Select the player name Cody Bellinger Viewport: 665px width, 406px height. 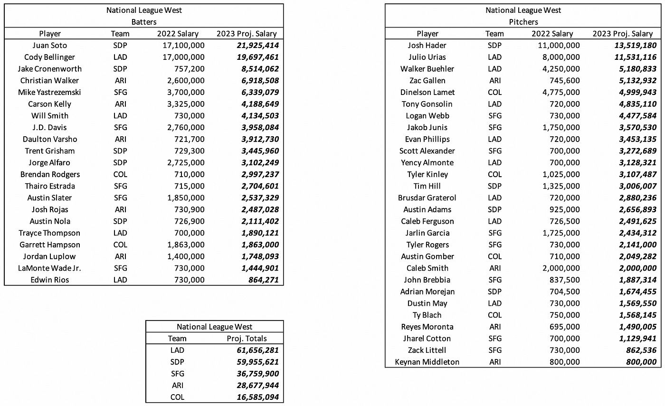(49, 57)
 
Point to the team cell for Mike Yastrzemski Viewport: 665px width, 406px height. (120, 92)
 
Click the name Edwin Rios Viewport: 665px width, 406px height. (49, 280)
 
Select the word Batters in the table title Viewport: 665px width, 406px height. (144, 22)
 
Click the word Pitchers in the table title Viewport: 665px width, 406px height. (523, 22)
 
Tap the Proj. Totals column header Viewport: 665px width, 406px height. (247, 339)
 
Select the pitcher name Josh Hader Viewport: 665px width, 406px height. (427, 46)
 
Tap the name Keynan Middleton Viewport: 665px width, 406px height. (427, 362)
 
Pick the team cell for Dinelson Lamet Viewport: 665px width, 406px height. (494, 92)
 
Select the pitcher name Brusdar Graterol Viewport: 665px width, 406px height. (427, 198)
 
